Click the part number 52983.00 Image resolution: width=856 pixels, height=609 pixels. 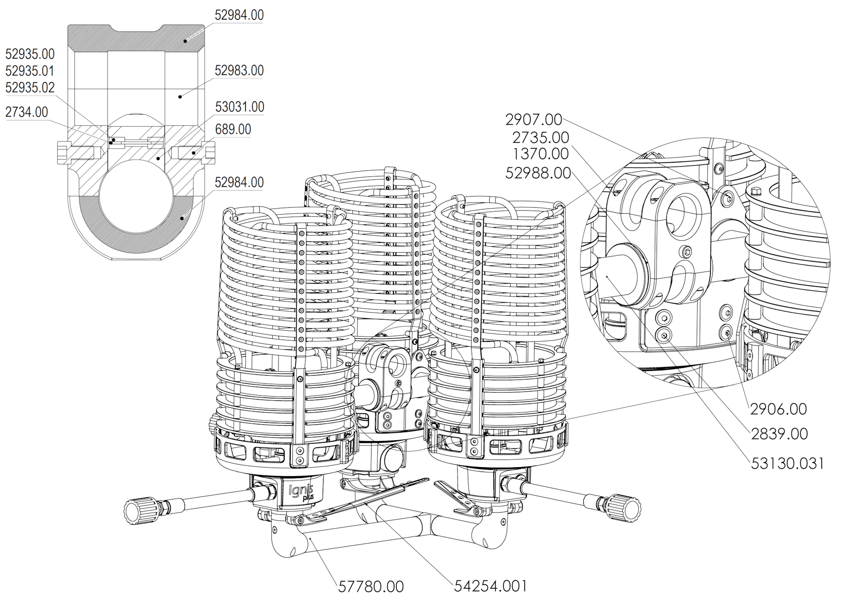click(x=239, y=71)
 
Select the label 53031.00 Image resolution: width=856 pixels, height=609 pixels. click(x=239, y=107)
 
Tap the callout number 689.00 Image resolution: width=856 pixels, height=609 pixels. click(x=233, y=129)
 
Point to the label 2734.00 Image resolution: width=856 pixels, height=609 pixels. click(x=27, y=113)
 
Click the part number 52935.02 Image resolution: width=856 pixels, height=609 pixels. click(x=30, y=88)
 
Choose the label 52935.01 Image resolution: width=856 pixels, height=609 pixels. click(x=30, y=71)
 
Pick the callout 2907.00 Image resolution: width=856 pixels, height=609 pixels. click(x=533, y=120)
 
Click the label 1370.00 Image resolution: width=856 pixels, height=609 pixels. click(x=540, y=154)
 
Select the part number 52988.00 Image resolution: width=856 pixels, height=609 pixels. click(x=538, y=173)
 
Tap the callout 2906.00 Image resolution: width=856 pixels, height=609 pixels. click(x=778, y=409)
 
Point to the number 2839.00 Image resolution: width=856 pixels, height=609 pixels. click(x=779, y=434)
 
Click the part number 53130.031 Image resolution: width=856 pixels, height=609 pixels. click(x=787, y=463)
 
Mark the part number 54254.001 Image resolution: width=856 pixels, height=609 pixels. click(x=490, y=586)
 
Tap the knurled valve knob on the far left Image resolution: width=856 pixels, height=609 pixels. click(x=139, y=509)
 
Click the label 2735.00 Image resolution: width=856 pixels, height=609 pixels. click(x=540, y=138)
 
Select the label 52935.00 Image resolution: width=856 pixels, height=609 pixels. click(x=30, y=54)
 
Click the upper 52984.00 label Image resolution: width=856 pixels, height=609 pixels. click(x=239, y=15)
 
